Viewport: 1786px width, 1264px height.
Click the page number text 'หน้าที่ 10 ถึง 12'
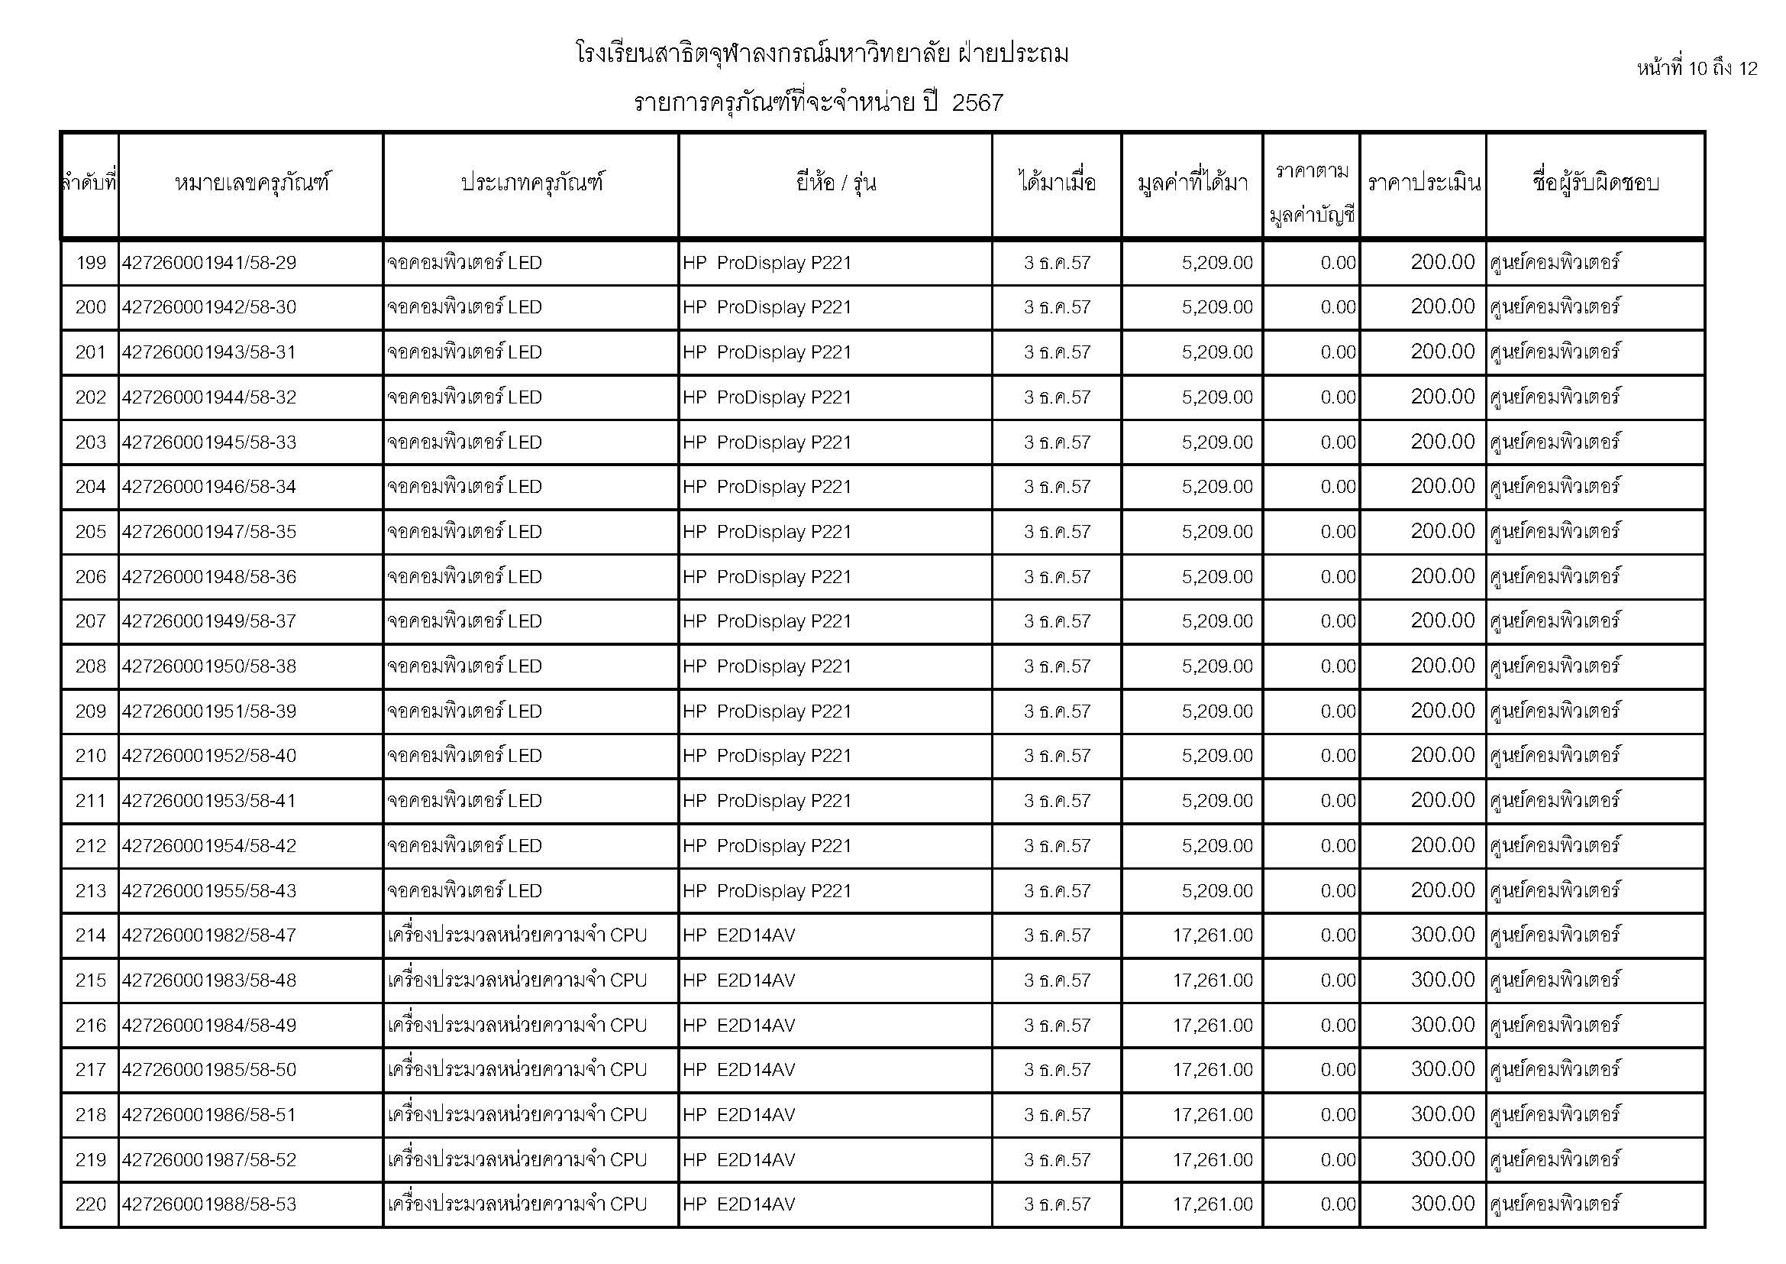pyautogui.click(x=1697, y=69)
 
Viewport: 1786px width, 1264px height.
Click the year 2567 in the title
pyautogui.click(x=977, y=102)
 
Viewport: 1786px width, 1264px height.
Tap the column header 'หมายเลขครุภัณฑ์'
pyautogui.click(x=251, y=183)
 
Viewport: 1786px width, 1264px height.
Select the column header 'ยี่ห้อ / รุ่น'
pyautogui.click(x=835, y=183)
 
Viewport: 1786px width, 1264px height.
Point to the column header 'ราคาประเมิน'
pyautogui.click(x=1423, y=183)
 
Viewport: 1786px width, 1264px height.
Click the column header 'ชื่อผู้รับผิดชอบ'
pyautogui.click(x=1595, y=183)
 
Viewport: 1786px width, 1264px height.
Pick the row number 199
pyautogui.click(x=90, y=263)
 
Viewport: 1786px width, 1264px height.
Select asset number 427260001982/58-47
pyautogui.click(x=209, y=935)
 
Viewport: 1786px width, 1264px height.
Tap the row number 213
pyautogui.click(x=90, y=891)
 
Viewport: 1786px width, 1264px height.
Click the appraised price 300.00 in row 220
pyautogui.click(x=1442, y=1204)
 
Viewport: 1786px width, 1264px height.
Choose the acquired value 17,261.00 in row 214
pyautogui.click(x=1213, y=935)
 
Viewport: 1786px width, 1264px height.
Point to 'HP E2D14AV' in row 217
pyautogui.click(x=739, y=1070)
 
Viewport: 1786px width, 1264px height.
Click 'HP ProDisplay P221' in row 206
pyautogui.click(x=767, y=578)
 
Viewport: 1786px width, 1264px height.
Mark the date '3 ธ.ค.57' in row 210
pyautogui.click(x=1057, y=757)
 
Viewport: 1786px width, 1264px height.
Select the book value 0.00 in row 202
pyautogui.click(x=1338, y=397)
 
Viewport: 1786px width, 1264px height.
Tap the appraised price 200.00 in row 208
pyautogui.click(x=1442, y=666)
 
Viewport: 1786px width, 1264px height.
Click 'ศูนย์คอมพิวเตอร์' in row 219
pyautogui.click(x=1555, y=1160)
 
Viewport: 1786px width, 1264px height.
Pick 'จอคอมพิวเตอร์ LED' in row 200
pyautogui.click(x=464, y=307)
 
